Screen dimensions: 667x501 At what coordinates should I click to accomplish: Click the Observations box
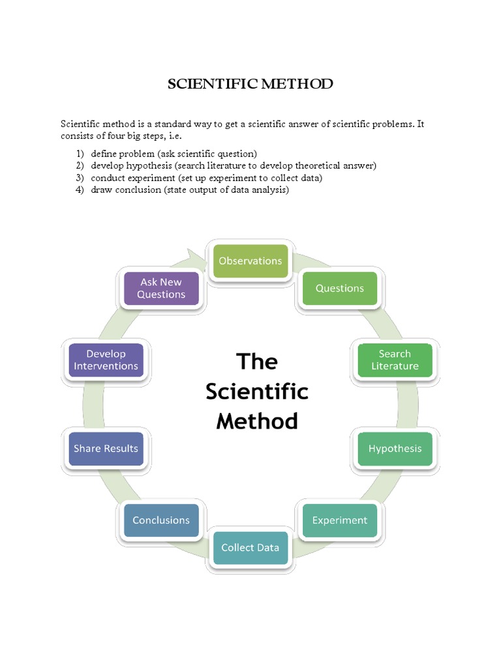click(250, 261)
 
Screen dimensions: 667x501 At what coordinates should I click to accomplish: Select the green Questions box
click(339, 288)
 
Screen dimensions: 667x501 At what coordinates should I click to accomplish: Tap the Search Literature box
click(395, 360)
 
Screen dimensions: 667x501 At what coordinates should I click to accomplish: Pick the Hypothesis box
click(395, 448)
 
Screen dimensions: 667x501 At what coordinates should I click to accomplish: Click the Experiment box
click(339, 520)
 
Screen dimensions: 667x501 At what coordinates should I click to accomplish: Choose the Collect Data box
click(250, 547)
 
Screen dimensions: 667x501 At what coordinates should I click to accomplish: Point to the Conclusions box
click(161, 520)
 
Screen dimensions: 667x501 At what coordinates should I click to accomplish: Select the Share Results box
click(106, 448)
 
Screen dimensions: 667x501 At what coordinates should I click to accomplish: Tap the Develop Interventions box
click(106, 360)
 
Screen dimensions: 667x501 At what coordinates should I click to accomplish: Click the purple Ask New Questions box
click(161, 288)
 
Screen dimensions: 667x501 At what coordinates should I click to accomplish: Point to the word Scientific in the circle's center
click(256, 391)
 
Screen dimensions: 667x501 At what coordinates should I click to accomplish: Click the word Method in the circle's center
click(256, 421)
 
